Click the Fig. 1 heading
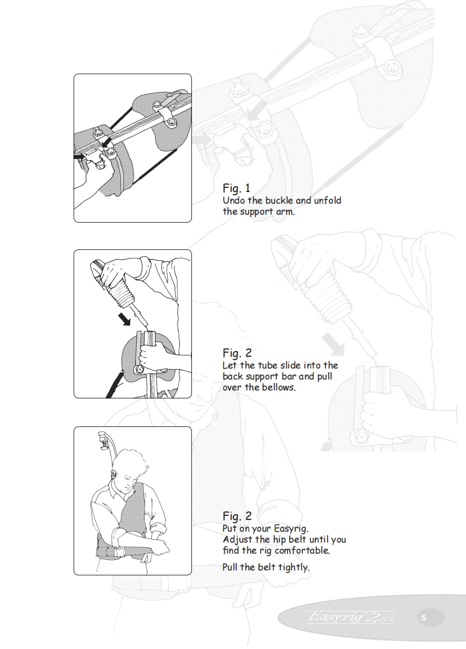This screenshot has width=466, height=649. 236,188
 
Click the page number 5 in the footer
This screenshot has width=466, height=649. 424,618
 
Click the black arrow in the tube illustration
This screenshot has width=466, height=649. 124,318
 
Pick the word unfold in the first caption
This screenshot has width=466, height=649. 327,201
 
